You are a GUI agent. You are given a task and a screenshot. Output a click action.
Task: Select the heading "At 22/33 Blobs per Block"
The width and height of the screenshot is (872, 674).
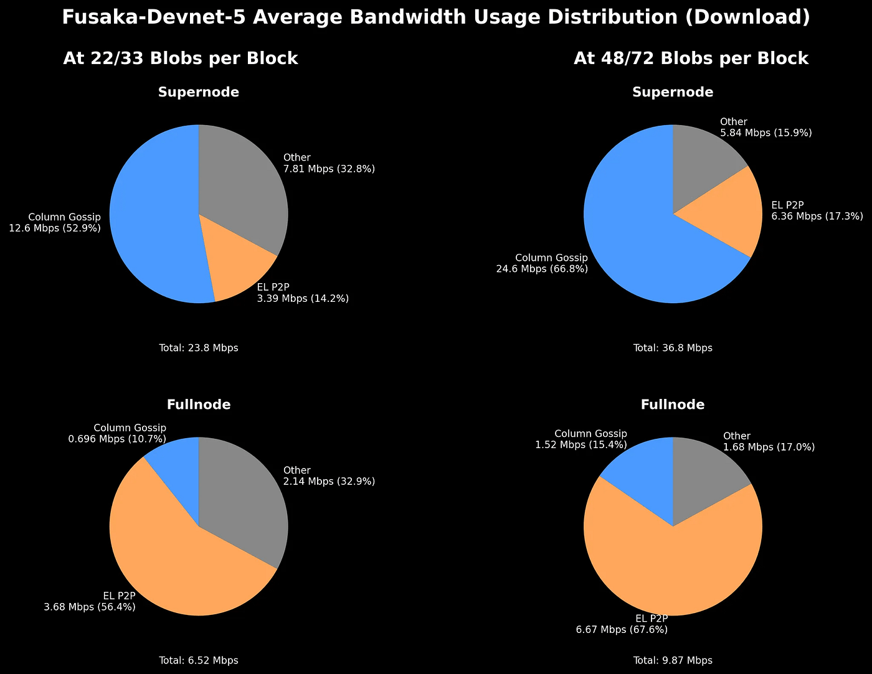[x=181, y=59]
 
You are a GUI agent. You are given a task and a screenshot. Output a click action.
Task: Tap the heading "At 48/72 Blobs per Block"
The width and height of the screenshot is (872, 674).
[x=691, y=59]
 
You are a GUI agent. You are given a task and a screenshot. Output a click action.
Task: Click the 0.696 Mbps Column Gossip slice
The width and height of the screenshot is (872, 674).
[x=178, y=467]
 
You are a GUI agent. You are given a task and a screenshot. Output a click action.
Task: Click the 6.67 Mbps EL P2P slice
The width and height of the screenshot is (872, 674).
[x=673, y=566]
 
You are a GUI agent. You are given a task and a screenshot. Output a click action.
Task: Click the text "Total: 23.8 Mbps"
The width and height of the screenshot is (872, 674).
[x=199, y=348]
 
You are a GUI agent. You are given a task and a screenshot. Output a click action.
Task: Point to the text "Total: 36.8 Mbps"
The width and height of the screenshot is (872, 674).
[x=673, y=348]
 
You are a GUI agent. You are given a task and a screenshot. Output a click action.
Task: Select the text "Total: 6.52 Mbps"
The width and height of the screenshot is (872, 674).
[x=199, y=660]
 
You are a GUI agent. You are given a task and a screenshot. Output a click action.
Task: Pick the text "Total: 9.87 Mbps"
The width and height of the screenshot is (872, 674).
[x=673, y=660]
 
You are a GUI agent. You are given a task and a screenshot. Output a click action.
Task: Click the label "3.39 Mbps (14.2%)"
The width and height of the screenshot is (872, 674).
[x=303, y=299]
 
